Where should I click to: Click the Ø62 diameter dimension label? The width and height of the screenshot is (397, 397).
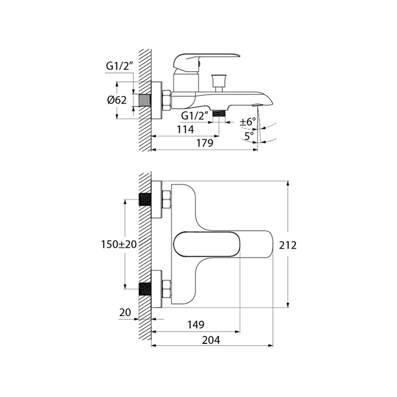117,100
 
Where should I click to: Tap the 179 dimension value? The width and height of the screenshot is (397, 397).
205,143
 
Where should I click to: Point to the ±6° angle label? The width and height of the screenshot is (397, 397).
248,122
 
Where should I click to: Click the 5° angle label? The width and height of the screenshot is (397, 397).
249,136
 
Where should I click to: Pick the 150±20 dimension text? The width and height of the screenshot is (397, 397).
119,244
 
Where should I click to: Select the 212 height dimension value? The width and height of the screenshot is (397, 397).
288,245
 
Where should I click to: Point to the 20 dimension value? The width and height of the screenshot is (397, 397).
125,313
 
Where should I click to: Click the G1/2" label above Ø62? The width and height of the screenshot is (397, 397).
118,66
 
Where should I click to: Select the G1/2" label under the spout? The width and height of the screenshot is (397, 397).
194,116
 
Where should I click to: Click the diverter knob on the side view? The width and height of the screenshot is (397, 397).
218,81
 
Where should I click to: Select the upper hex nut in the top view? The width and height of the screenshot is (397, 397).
166,199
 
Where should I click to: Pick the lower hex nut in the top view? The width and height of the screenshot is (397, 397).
166,289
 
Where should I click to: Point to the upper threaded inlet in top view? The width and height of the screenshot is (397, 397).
145,199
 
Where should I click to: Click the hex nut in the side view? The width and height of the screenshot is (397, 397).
166,100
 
